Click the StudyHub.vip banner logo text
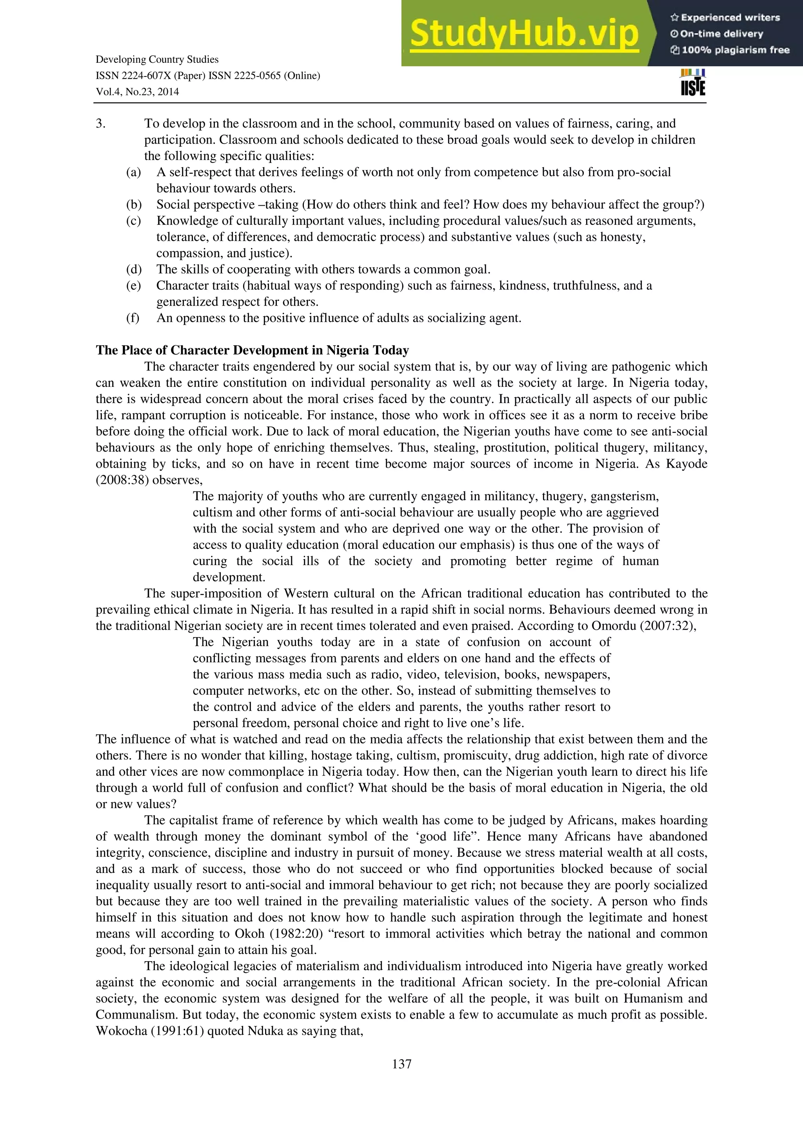523,34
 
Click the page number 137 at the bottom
401,1064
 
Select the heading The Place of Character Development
253,350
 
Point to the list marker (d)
134,270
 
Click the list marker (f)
133,318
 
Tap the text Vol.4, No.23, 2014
137,92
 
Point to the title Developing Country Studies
157,59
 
